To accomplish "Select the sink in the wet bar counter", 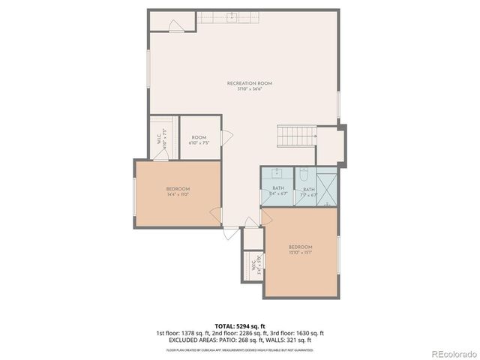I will (x=232, y=15).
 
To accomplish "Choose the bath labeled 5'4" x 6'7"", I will (x=278, y=191).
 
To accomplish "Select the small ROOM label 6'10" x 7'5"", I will (x=199, y=139).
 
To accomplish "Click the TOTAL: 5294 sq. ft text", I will (x=239, y=327).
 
